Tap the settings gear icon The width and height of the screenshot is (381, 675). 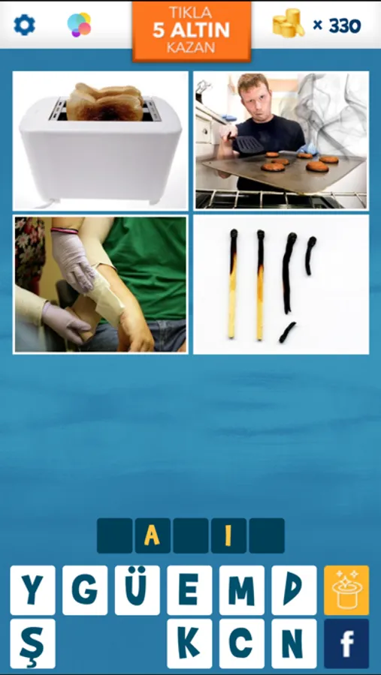click(x=24, y=25)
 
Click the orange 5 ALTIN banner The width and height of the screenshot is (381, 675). click(x=192, y=31)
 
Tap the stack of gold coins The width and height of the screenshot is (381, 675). click(x=288, y=23)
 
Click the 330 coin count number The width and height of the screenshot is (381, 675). click(x=345, y=26)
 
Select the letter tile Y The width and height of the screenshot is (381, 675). click(x=32, y=590)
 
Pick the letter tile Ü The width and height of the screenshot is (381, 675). click(x=137, y=590)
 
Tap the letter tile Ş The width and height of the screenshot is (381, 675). click(x=32, y=643)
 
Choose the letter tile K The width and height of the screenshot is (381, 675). click(x=189, y=643)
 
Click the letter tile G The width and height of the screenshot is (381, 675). click(x=85, y=590)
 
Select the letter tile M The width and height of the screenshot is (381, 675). click(x=242, y=590)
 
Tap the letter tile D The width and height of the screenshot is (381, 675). click(x=294, y=590)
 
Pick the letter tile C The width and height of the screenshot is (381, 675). click(x=242, y=643)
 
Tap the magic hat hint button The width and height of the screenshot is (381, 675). click(x=346, y=590)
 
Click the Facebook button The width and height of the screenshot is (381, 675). click(x=346, y=643)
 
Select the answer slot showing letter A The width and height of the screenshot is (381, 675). click(x=153, y=535)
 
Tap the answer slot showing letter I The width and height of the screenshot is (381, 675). click(x=228, y=535)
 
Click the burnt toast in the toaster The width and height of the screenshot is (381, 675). click(x=105, y=101)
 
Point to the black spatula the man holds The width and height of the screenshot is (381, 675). click(x=246, y=144)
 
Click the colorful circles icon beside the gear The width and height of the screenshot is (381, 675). click(x=79, y=25)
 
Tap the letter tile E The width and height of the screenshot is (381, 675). click(x=189, y=590)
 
